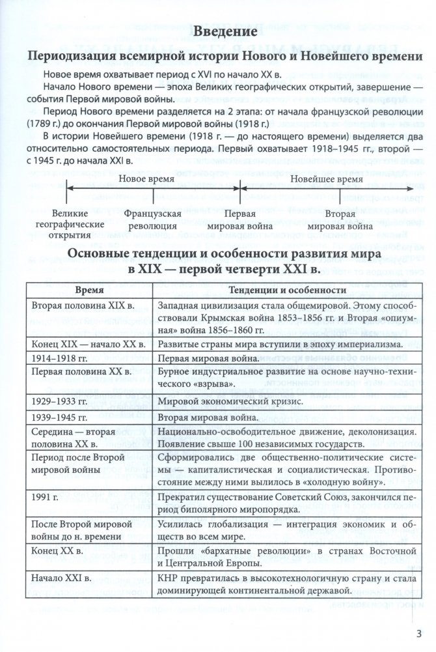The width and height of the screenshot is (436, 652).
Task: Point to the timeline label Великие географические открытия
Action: click(74, 224)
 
